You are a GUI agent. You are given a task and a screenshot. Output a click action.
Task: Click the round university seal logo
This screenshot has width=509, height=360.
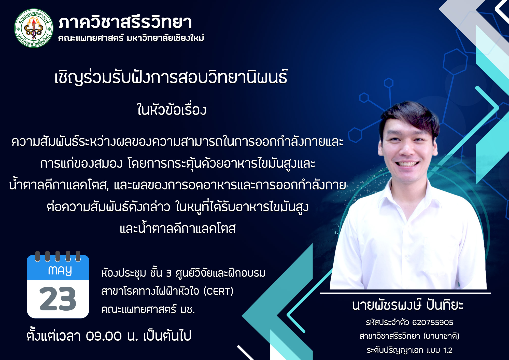pyautogui.click(x=34, y=28)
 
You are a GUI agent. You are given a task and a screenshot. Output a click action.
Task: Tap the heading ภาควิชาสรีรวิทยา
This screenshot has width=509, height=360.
pyautogui.click(x=125, y=22)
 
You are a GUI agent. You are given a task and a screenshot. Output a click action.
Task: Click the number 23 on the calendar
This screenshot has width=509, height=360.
pyautogui.click(x=58, y=299)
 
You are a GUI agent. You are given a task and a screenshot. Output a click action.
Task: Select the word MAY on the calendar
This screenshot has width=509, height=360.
pyautogui.click(x=60, y=271)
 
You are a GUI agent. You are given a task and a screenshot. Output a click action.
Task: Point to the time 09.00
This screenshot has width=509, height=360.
pyautogui.click(x=104, y=336)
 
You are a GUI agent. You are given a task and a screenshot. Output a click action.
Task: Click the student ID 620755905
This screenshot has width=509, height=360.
pyautogui.click(x=433, y=323)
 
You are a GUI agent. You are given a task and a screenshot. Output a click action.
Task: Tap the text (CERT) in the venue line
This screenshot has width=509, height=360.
pyautogui.click(x=218, y=291)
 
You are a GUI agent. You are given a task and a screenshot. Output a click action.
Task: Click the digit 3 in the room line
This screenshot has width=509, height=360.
pyautogui.click(x=169, y=273)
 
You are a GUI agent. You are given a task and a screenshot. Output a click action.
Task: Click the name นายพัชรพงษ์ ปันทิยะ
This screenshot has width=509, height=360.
pyautogui.click(x=408, y=305)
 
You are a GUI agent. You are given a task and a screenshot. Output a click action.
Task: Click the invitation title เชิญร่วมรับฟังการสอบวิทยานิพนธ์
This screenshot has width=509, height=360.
pyautogui.click(x=171, y=77)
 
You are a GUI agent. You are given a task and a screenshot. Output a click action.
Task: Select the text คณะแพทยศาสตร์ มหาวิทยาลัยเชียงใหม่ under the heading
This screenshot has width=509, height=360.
pyautogui.click(x=131, y=38)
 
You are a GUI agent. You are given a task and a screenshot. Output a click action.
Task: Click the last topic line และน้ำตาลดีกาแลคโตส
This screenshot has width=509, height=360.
pyautogui.click(x=177, y=228)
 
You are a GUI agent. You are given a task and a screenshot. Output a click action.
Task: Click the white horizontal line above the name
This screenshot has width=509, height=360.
pyautogui.click(x=405, y=293)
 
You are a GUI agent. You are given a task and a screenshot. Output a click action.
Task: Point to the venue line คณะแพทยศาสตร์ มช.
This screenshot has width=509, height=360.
pyautogui.click(x=148, y=310)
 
